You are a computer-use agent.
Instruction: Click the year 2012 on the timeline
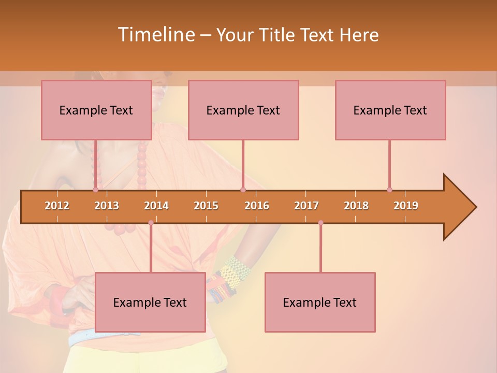(x=57, y=206)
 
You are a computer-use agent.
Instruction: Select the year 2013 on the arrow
(x=107, y=206)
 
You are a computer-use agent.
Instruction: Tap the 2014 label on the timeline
(x=156, y=206)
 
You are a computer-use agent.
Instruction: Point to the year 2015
(x=206, y=206)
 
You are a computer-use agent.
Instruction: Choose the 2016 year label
(x=257, y=206)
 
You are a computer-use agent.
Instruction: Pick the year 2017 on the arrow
(x=306, y=206)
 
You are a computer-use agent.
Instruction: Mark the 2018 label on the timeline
(x=356, y=206)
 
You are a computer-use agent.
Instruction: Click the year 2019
(x=406, y=206)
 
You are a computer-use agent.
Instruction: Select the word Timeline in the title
(x=155, y=35)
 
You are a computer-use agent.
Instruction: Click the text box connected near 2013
(x=96, y=110)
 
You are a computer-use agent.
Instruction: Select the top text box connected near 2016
(x=243, y=110)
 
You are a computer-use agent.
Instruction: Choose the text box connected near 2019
(x=390, y=110)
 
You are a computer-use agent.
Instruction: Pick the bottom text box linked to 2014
(x=150, y=302)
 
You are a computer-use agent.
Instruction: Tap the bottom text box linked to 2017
(x=320, y=302)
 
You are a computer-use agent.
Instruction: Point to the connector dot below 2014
(x=151, y=223)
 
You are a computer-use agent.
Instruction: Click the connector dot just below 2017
(x=320, y=223)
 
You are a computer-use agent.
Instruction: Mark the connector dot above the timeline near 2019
(x=389, y=190)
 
